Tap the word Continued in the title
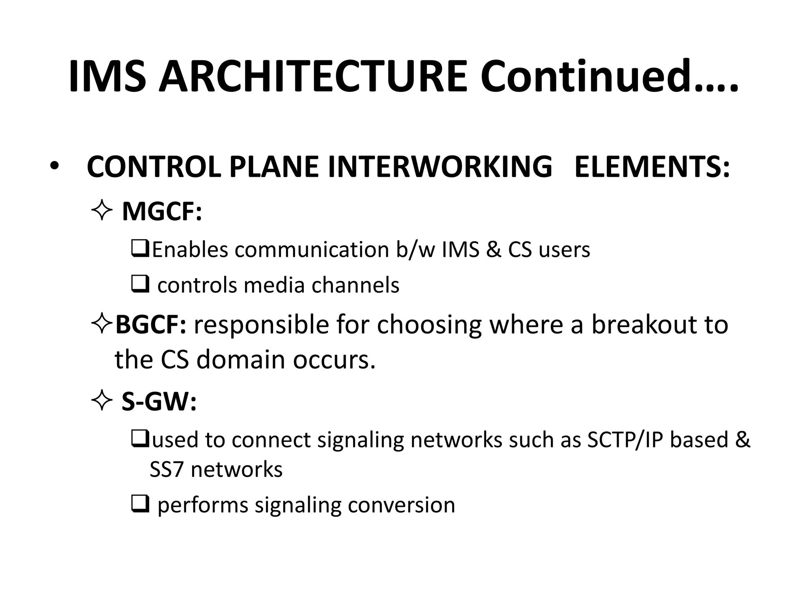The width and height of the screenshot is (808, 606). point(587,77)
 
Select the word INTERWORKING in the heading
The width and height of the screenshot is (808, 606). point(440,167)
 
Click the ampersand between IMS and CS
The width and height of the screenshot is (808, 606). point(493,250)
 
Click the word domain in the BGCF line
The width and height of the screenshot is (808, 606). point(240,360)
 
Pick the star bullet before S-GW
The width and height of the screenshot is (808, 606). point(102,402)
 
